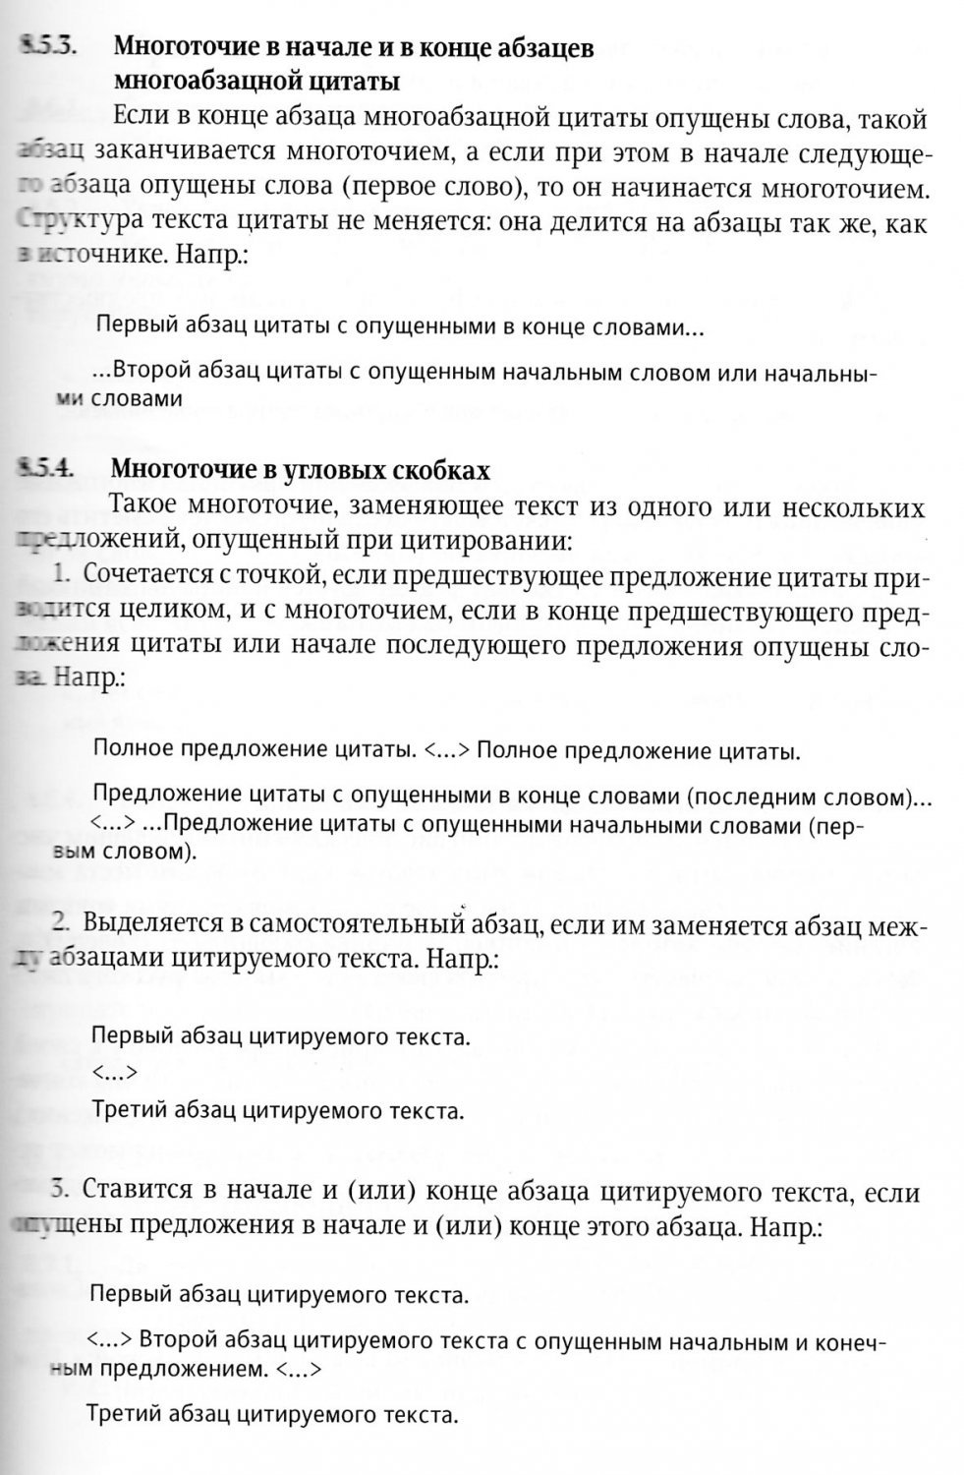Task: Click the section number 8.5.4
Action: [44, 470]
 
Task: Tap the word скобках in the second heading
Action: [443, 471]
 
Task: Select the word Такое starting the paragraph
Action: [148, 507]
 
